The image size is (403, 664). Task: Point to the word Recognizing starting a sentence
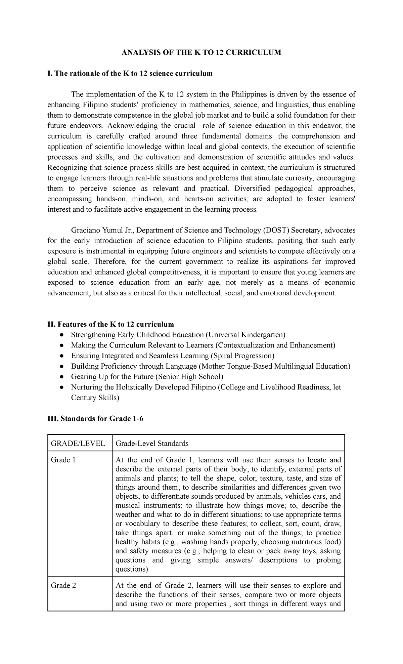(66, 167)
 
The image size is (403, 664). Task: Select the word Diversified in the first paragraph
(252, 188)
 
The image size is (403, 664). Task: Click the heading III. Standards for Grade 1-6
(95, 419)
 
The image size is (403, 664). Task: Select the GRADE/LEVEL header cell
(78, 443)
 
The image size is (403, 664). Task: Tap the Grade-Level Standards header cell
(152, 443)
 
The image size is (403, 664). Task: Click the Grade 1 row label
(63, 460)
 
